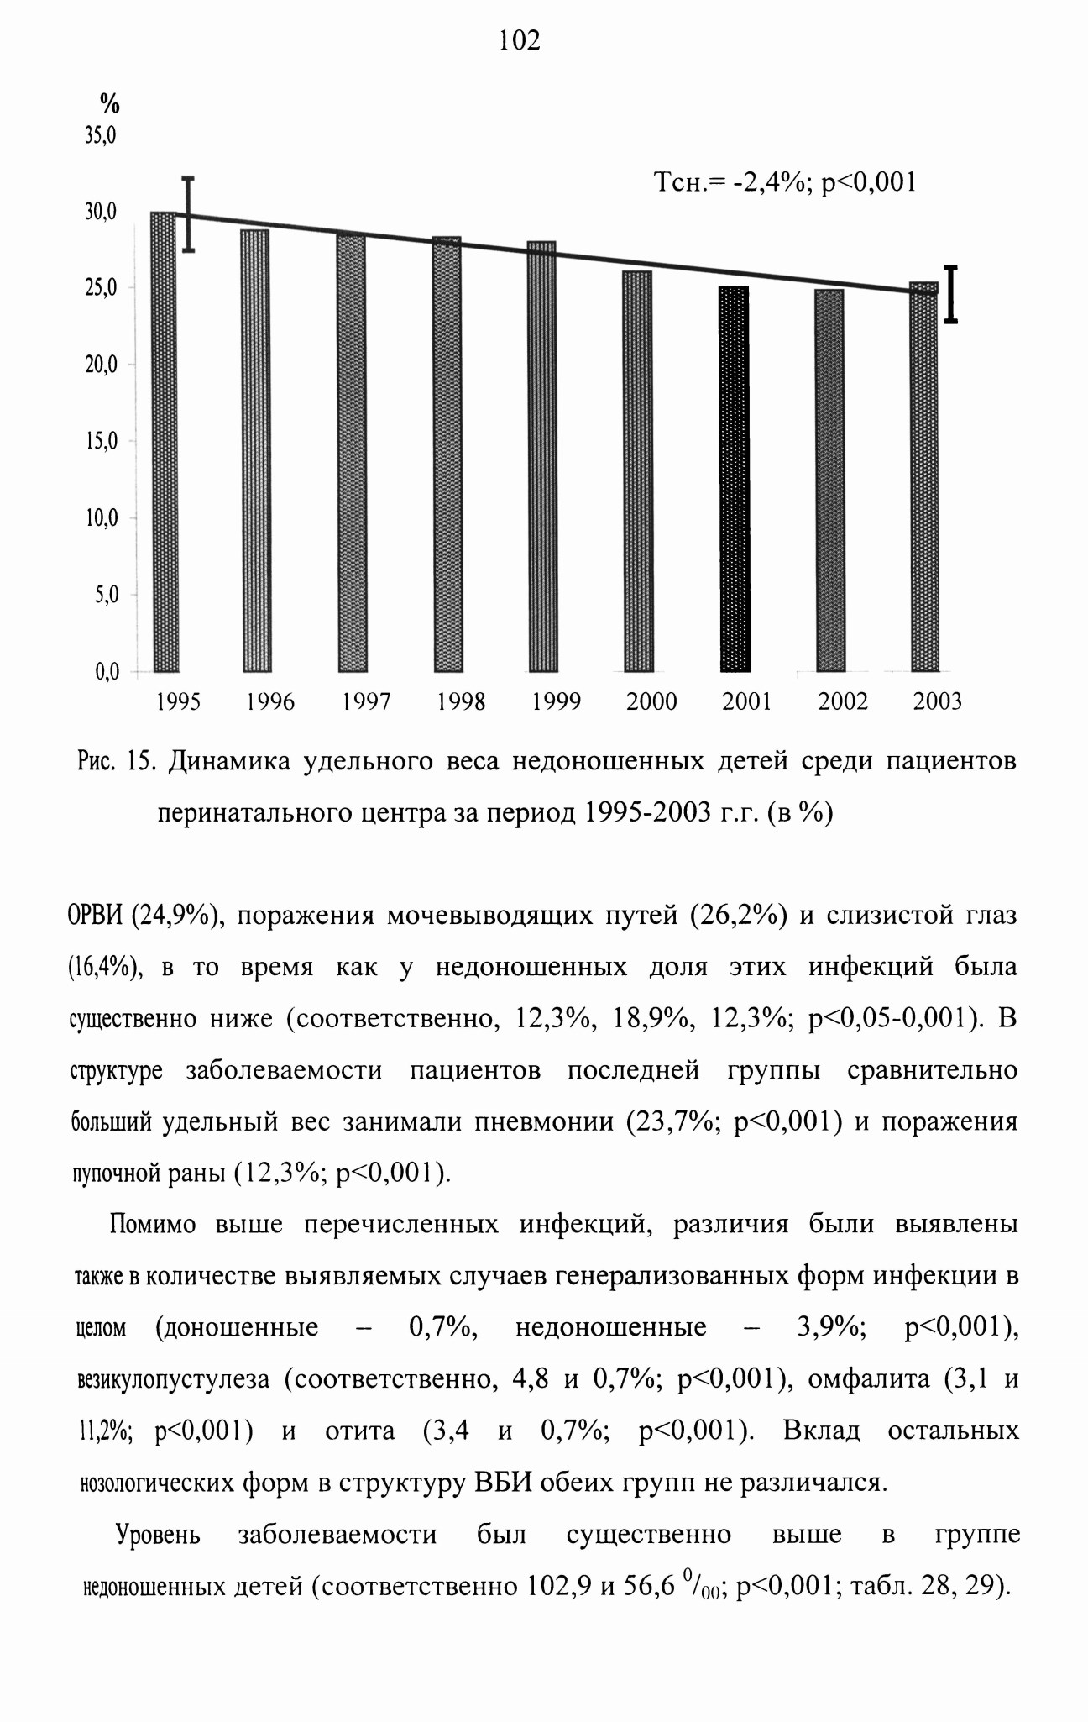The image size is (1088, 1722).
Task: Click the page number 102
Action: [x=520, y=39]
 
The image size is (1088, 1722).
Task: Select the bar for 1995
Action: [x=164, y=442]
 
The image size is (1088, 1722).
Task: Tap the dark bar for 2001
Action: [x=735, y=479]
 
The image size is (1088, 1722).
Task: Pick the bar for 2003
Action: [x=924, y=477]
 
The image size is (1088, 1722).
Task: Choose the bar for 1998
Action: [x=448, y=454]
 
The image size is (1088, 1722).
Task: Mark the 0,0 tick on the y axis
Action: [x=107, y=671]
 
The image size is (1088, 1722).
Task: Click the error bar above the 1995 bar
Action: [x=189, y=214]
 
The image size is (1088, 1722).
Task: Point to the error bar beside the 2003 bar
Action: [x=951, y=294]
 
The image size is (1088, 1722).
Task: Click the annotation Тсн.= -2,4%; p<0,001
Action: [x=784, y=181]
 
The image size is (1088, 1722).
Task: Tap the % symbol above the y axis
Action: [x=110, y=104]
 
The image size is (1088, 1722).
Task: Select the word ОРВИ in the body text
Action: [x=95, y=915]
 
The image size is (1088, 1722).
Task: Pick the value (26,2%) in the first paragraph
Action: [x=739, y=915]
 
